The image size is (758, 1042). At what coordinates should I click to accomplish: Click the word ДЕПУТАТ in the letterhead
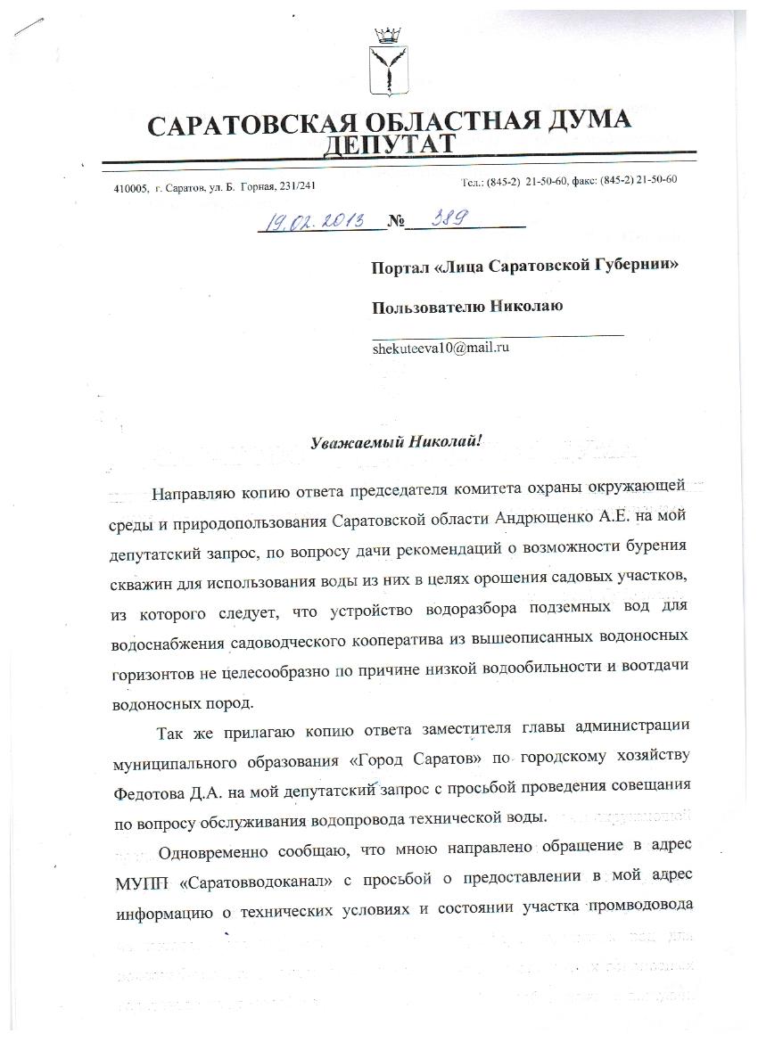tap(389, 145)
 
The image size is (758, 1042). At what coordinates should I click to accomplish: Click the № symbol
tap(397, 223)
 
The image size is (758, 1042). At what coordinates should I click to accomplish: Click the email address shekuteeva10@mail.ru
tap(441, 349)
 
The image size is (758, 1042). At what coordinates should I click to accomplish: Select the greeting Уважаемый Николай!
tap(395, 441)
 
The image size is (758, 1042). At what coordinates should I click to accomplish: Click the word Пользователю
tap(429, 307)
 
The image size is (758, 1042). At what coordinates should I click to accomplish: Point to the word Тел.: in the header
tap(473, 182)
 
